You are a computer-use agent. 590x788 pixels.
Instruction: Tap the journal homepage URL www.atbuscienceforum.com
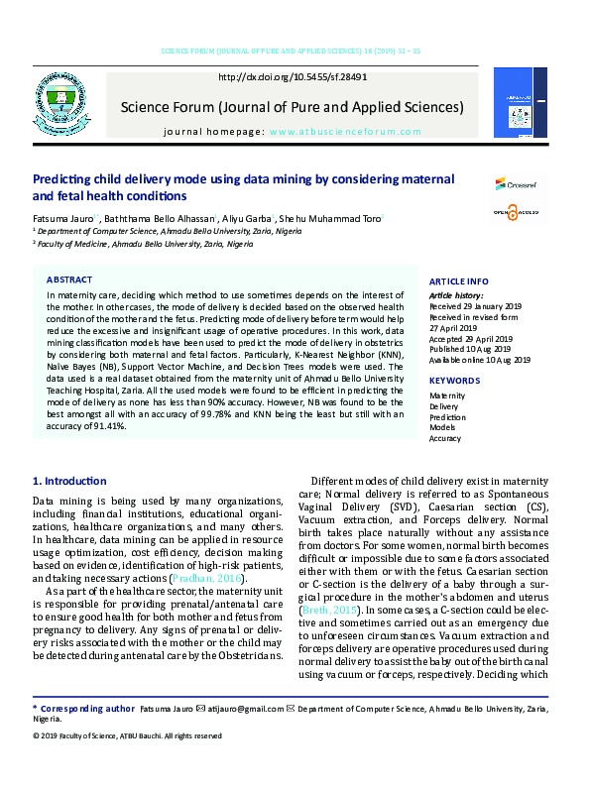point(336,131)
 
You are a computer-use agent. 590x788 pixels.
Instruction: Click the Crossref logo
point(515,185)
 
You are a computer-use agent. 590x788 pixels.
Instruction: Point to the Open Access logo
point(515,211)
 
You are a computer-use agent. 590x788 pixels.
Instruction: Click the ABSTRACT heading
point(69,281)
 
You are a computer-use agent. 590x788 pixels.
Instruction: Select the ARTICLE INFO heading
point(458,281)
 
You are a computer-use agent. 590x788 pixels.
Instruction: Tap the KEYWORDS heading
point(454,381)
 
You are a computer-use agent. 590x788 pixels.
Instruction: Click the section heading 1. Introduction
point(69,482)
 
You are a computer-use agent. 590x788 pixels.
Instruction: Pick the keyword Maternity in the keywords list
point(446,395)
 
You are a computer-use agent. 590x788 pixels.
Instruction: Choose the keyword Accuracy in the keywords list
point(445,438)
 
